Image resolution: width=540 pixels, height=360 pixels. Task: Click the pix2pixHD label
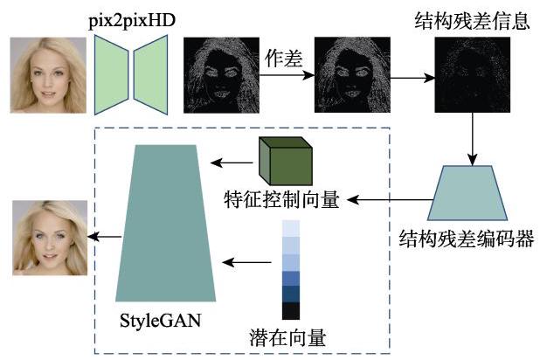[132, 21]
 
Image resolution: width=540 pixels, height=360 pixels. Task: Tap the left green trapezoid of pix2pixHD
[111, 75]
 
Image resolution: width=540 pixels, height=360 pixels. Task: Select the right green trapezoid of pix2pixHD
[151, 75]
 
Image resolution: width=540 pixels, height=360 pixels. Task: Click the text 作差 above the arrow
[283, 59]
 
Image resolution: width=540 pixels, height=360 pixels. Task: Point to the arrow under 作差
[287, 75]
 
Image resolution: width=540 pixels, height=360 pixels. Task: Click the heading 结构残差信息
[472, 21]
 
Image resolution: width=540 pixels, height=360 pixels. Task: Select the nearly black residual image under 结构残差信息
[472, 75]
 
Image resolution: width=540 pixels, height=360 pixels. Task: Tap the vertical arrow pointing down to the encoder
[472, 139]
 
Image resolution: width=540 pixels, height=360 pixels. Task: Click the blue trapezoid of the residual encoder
[467, 193]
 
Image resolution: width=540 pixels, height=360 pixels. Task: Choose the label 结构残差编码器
[467, 239]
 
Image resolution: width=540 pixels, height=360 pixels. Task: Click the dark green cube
[286, 161]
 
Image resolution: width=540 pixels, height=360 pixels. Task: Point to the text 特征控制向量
[281, 199]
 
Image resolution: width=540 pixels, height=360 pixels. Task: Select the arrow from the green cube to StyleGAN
[232, 163]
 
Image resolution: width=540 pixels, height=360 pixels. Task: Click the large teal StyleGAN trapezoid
[166, 223]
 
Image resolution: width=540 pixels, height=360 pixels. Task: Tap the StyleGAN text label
[161, 321]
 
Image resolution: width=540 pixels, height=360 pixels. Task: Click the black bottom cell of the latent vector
[291, 311]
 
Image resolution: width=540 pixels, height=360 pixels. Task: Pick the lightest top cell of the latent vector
[291, 228]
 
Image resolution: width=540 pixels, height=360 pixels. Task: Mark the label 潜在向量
[287, 337]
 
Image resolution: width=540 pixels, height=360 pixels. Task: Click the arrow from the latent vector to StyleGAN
[246, 262]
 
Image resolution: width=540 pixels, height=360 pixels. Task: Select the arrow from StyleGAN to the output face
[104, 237]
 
